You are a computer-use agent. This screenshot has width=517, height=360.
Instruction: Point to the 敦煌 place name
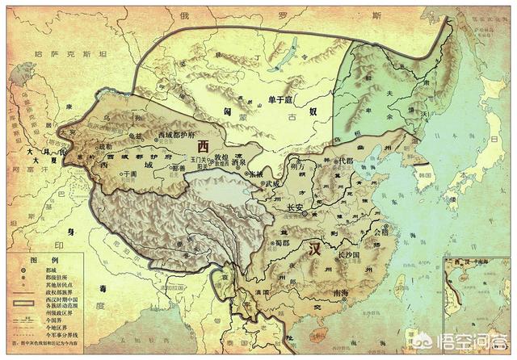coord(221,157)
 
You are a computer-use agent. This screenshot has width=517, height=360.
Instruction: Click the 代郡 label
coord(346,161)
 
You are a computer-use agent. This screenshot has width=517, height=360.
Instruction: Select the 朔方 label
coord(300,168)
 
